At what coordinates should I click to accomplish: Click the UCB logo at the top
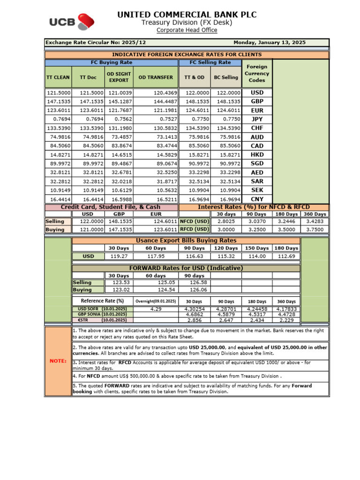point(71,22)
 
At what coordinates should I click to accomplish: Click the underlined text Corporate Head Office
point(187,30)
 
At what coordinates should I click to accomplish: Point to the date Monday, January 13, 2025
point(269,42)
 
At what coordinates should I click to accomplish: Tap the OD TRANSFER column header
point(156,77)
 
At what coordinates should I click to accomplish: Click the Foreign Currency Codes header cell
point(257,74)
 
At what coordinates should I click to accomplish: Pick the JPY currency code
point(257,119)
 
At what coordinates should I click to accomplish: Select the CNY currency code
point(257,199)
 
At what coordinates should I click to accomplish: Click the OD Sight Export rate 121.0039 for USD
point(120,93)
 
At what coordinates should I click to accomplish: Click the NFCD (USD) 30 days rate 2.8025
point(226,221)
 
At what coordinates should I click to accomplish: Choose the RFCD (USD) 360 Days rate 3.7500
point(314,229)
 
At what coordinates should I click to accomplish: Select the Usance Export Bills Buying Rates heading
point(186,240)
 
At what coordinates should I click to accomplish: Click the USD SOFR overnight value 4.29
point(156,309)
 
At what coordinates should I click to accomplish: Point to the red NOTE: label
point(58,361)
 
